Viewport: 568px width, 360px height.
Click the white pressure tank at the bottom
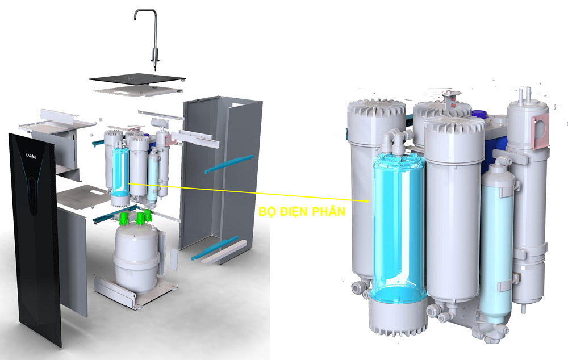point(136,256)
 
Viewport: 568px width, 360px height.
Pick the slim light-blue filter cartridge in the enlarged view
point(496,244)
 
